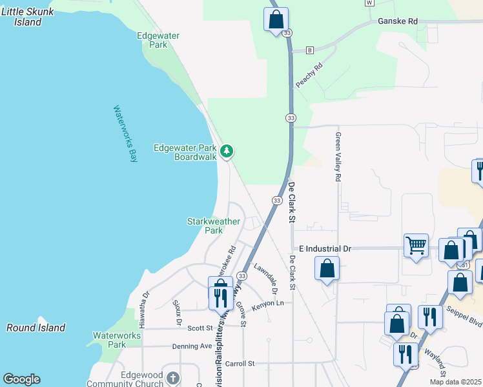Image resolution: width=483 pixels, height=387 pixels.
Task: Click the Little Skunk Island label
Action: (27, 16)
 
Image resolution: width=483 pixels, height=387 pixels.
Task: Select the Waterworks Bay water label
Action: (126, 134)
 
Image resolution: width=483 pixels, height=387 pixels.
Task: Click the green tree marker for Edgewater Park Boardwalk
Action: (226, 152)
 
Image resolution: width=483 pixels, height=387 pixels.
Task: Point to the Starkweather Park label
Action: (213, 226)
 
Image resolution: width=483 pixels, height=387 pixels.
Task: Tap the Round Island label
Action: (36, 328)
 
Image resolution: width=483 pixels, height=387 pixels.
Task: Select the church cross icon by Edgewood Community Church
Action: (172, 377)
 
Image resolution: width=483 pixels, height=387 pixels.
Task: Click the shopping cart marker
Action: (416, 245)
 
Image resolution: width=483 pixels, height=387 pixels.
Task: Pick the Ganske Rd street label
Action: (398, 21)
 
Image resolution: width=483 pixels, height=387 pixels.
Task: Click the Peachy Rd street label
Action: (309, 75)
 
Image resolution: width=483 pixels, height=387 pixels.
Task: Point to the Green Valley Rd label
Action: (337, 157)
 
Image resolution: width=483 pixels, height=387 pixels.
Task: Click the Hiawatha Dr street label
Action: (146, 303)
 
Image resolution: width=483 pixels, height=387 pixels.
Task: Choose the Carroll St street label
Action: (241, 364)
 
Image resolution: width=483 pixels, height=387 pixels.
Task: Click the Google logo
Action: (21, 379)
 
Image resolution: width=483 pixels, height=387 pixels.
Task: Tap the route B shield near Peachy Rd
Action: (310, 50)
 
